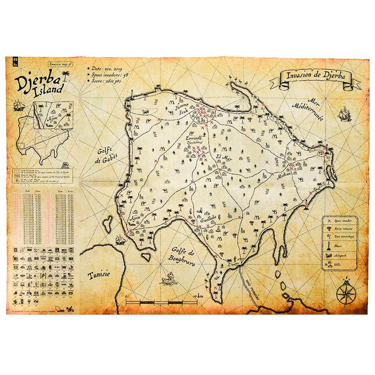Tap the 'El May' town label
coord(224,157)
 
